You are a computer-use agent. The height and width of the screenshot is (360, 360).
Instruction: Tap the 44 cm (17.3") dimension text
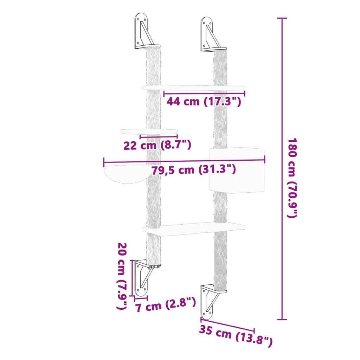tap(204, 102)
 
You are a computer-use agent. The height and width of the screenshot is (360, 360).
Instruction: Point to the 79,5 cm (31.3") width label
tap(193, 170)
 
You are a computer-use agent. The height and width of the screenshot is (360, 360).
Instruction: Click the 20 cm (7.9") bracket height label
tap(122, 276)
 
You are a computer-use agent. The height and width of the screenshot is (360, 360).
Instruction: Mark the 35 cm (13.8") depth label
tap(235, 336)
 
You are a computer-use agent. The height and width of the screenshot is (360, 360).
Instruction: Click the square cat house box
tap(236, 169)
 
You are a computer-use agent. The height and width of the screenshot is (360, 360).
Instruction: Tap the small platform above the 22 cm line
tap(149, 131)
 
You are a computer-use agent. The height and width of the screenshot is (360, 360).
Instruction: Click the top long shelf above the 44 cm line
tap(194, 87)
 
